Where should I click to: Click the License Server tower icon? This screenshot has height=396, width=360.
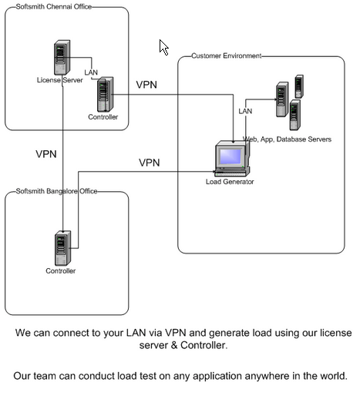(x=62, y=58)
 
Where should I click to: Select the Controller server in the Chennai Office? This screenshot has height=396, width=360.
(x=105, y=94)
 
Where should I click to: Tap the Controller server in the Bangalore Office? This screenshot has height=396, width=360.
(x=62, y=248)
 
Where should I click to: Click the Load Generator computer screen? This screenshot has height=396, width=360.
(x=230, y=156)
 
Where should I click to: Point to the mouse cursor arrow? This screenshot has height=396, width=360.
(x=163, y=47)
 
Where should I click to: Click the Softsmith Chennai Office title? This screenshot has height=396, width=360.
(x=54, y=6)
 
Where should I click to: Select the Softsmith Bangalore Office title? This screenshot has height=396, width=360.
(x=56, y=191)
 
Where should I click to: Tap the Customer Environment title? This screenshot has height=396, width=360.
(x=226, y=55)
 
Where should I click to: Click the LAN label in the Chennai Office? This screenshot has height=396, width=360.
(x=91, y=72)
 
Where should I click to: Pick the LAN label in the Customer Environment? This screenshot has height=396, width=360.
(x=245, y=111)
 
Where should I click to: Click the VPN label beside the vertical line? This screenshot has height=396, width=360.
(x=46, y=154)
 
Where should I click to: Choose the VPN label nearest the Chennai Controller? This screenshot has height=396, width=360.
(x=146, y=85)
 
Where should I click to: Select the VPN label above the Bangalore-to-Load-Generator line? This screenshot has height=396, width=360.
(x=150, y=163)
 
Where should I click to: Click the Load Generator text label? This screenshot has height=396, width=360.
(x=230, y=182)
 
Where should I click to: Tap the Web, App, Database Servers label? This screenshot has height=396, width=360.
(x=287, y=139)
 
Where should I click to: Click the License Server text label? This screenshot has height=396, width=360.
(x=59, y=80)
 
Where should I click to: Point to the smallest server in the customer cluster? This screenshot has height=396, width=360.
(x=299, y=86)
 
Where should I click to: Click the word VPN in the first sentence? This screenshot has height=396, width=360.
(x=175, y=333)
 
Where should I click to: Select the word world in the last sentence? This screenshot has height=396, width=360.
(x=333, y=376)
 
